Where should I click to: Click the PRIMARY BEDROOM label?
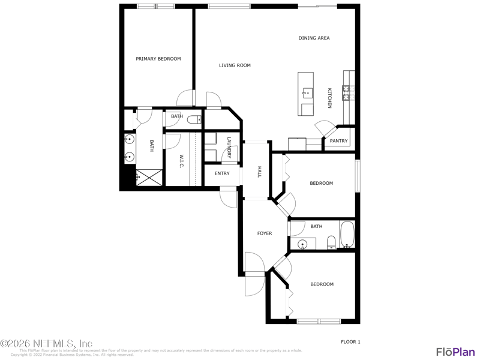point(158,59)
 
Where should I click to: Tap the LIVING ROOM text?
point(235,65)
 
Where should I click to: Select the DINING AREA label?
point(314,38)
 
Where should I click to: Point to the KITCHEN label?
point(329,98)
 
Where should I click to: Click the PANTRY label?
point(338,141)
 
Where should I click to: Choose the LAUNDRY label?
point(229,148)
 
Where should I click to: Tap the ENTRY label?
point(222,173)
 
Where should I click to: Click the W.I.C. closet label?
point(181,161)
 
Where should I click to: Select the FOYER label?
point(265,233)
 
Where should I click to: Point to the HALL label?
point(259,172)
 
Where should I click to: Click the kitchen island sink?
point(307,92)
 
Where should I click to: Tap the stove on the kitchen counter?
point(347,92)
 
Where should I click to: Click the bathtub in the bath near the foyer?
point(347,235)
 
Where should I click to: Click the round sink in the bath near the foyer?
point(303,244)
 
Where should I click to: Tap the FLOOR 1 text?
point(350,341)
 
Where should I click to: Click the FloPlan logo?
point(455,352)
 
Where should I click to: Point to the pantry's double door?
point(326,127)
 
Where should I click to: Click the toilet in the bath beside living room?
point(194,119)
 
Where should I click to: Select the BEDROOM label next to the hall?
point(321,183)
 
